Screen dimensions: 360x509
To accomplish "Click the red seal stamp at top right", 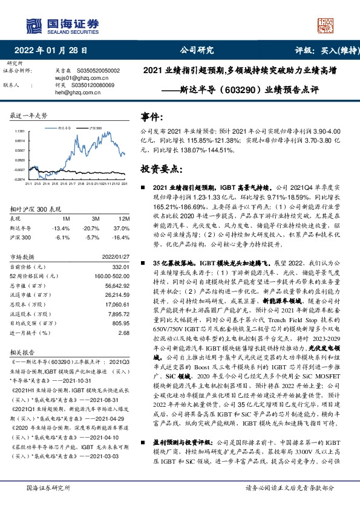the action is [325, 26].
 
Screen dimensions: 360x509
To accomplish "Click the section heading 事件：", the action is [152, 116].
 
